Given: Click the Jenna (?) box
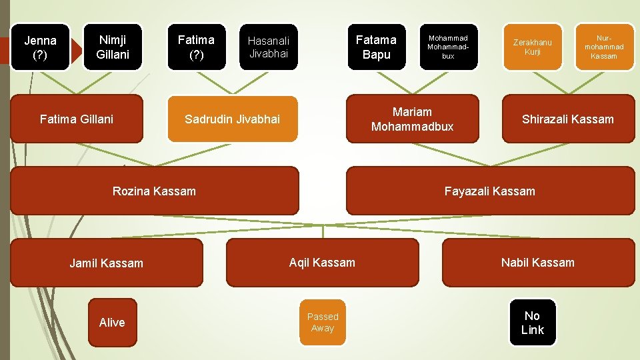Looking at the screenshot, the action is click(40, 47).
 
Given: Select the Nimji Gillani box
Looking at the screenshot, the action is click(113, 47).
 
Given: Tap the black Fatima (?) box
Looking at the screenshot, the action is click(196, 47).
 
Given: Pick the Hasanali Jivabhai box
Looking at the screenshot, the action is click(269, 47).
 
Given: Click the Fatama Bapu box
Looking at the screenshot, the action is click(376, 47).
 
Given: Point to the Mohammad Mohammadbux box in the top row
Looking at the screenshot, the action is click(448, 47).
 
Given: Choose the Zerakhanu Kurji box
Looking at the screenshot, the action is click(532, 47).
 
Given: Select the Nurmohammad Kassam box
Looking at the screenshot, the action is click(604, 47).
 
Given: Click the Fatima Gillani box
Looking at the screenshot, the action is click(77, 119).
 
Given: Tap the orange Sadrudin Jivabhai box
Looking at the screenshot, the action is click(232, 119).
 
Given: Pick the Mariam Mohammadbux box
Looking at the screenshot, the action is click(412, 119).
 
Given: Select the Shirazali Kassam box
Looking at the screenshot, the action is click(568, 119).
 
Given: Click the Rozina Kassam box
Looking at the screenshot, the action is click(155, 191).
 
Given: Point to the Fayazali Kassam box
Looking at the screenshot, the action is click(490, 191).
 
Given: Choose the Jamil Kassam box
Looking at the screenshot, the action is click(107, 263).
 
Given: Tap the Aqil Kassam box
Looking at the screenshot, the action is click(323, 263).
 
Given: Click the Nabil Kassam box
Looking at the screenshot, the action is click(538, 263).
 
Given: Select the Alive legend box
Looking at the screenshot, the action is click(112, 323).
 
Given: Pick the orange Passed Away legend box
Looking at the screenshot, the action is click(323, 323).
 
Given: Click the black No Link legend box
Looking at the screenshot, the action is click(533, 323).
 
